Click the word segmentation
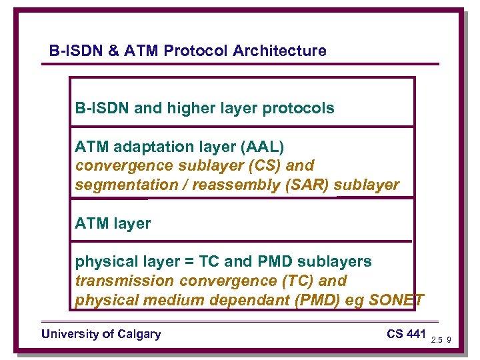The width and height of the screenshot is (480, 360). pos(125,185)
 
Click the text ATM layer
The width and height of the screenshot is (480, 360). pos(113,224)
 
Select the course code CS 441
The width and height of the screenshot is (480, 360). pos(405,334)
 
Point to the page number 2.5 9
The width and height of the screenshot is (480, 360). pos(441,340)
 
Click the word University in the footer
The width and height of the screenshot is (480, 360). pos(69,334)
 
